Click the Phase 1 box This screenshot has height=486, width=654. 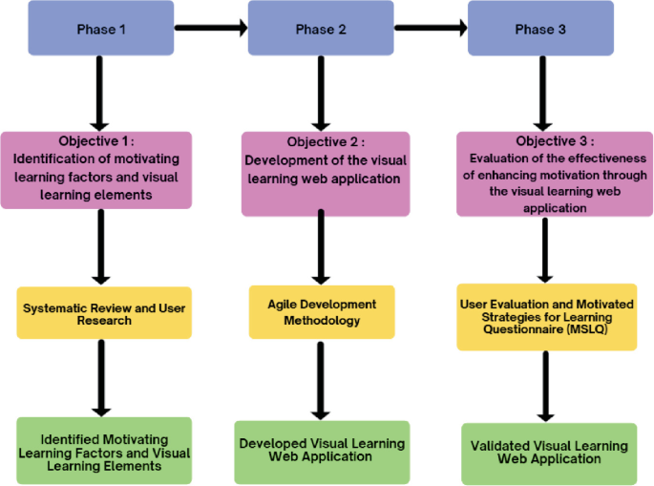(101, 29)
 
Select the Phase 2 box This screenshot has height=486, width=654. (321, 29)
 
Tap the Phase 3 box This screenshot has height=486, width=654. (540, 29)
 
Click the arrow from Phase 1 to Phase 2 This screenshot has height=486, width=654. (211, 29)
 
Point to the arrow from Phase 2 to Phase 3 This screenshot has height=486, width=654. (431, 29)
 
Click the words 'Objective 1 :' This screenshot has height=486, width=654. (100, 140)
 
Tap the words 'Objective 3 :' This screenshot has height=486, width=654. (539, 140)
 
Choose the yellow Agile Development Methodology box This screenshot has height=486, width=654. (322, 312)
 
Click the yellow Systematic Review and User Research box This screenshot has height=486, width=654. (104, 313)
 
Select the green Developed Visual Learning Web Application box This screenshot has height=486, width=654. (322, 450)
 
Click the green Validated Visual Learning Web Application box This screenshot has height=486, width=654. (549, 453)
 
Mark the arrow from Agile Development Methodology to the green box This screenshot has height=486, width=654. (322, 379)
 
